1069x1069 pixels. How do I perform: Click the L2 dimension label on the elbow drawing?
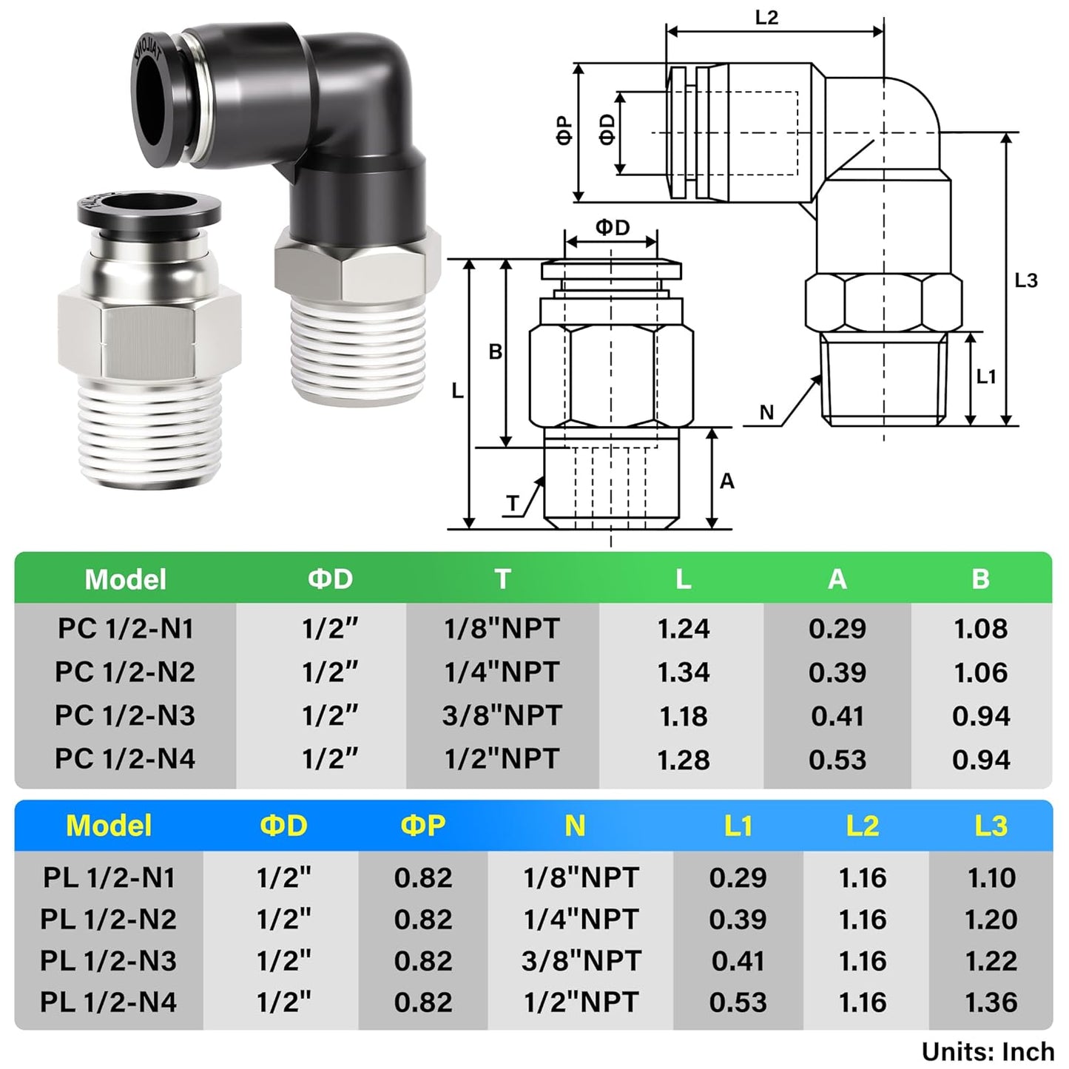click(766, 18)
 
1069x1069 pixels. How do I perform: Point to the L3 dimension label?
click(1026, 280)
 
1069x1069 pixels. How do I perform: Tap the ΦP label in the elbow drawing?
click(564, 130)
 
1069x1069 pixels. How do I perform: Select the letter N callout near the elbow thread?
click(766, 413)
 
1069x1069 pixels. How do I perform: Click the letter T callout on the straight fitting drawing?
click(513, 504)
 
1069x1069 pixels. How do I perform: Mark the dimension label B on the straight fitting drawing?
click(496, 352)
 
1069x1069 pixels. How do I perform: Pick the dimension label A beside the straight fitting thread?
click(726, 482)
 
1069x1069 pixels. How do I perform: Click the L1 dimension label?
click(986, 377)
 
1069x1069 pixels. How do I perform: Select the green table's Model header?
click(125, 579)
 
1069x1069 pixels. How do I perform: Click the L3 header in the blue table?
click(991, 826)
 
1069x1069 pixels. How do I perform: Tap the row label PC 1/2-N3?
click(125, 715)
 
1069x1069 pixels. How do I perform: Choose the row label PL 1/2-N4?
click(109, 1002)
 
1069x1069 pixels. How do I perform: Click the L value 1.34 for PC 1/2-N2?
click(683, 672)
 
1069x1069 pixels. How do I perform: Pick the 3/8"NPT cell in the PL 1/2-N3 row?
click(581, 960)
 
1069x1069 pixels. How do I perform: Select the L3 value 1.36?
click(991, 1002)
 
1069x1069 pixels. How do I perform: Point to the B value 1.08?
click(980, 629)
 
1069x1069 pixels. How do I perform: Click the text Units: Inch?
click(988, 1051)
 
